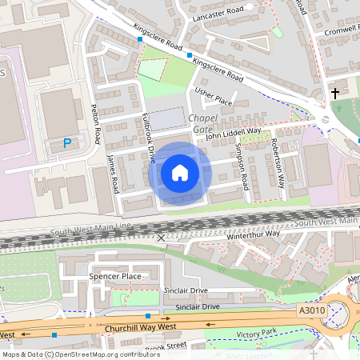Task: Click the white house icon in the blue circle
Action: click(180, 173)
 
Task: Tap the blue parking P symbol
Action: click(68, 144)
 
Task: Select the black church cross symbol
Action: click(335, 94)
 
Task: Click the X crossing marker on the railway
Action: click(162, 238)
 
